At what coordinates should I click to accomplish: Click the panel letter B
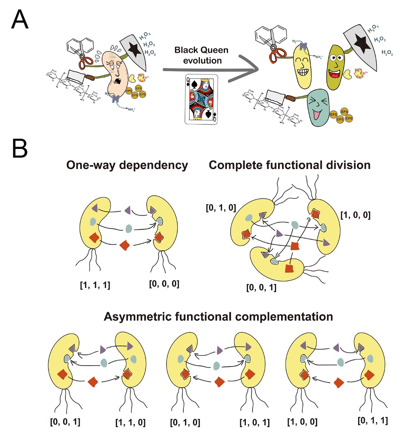(19, 148)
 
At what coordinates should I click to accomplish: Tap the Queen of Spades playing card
(201, 99)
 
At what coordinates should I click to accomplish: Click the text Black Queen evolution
(201, 55)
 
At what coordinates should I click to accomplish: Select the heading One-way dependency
(127, 165)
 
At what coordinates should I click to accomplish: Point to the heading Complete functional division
(290, 165)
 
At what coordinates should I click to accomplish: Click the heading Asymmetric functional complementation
(218, 317)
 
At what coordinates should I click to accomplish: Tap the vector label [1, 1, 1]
(95, 285)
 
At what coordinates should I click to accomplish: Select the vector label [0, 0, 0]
(164, 284)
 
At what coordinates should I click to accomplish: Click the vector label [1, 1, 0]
(130, 422)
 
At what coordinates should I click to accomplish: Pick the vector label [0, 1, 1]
(373, 421)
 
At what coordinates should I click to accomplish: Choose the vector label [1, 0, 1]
(255, 422)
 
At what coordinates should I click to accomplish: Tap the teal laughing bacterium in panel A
(318, 107)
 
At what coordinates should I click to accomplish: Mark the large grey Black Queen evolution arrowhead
(248, 68)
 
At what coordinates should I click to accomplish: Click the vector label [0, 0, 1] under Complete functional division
(261, 288)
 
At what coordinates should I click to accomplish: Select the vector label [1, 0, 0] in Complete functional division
(355, 215)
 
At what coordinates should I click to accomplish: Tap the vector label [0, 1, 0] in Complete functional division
(220, 208)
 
